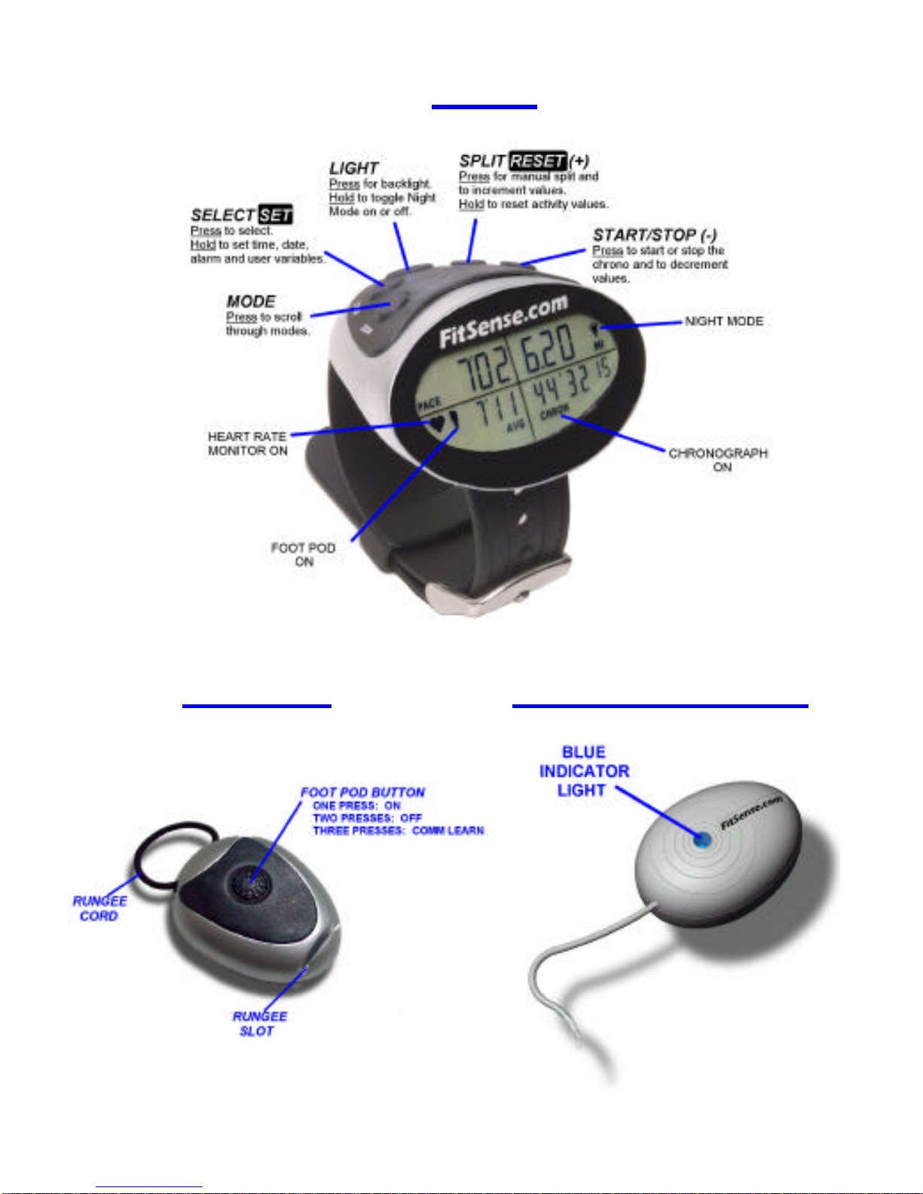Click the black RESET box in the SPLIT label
537,160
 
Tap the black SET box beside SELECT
275,215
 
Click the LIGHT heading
353,168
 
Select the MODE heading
251,301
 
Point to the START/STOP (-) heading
654,235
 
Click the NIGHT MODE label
723,321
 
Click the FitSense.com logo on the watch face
503,322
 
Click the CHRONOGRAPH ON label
717,460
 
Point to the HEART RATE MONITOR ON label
247,444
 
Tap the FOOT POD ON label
303,554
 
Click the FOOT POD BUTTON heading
362,792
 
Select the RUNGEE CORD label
99,908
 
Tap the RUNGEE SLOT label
259,1024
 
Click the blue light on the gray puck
701,840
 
